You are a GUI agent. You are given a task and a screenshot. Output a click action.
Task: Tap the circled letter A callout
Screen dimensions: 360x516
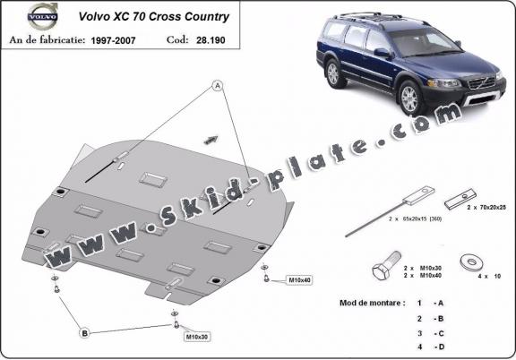coord(216,86)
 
